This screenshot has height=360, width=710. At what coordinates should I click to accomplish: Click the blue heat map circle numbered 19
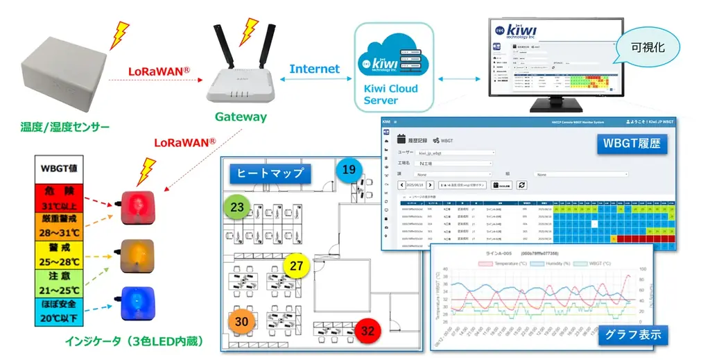click(349, 169)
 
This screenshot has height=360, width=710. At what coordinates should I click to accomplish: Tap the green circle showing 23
click(237, 207)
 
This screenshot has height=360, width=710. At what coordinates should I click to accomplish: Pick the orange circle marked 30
click(241, 322)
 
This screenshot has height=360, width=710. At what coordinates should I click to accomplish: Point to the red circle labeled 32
click(367, 331)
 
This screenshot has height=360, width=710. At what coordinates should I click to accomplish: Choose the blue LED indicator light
click(137, 302)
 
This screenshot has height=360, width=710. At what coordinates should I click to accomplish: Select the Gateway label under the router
click(241, 117)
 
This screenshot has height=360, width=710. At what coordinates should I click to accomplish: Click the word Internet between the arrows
click(314, 69)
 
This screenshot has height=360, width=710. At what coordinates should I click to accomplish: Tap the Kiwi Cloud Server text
click(391, 94)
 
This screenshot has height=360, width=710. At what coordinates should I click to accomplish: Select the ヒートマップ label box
click(270, 173)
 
